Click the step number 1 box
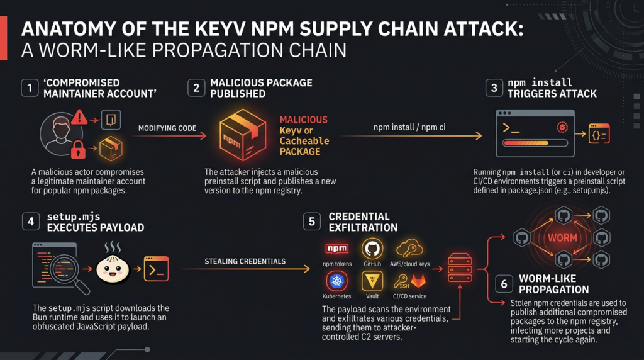tap(30, 87)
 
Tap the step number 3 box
tap(494, 87)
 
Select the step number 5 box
tap(312, 222)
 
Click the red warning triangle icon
tap(79, 117)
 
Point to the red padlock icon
tap(78, 150)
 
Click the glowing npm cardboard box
tap(243, 135)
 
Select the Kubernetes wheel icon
tap(337, 281)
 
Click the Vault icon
tap(372, 281)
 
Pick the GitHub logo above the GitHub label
tap(372, 249)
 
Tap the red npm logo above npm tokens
tap(337, 249)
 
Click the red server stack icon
tap(460, 267)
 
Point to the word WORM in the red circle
tap(562, 238)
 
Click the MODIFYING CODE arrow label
tap(167, 128)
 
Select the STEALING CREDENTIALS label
tap(245, 261)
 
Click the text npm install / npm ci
tap(409, 127)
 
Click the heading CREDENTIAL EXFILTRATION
tap(363, 222)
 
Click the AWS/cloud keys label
tap(410, 264)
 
